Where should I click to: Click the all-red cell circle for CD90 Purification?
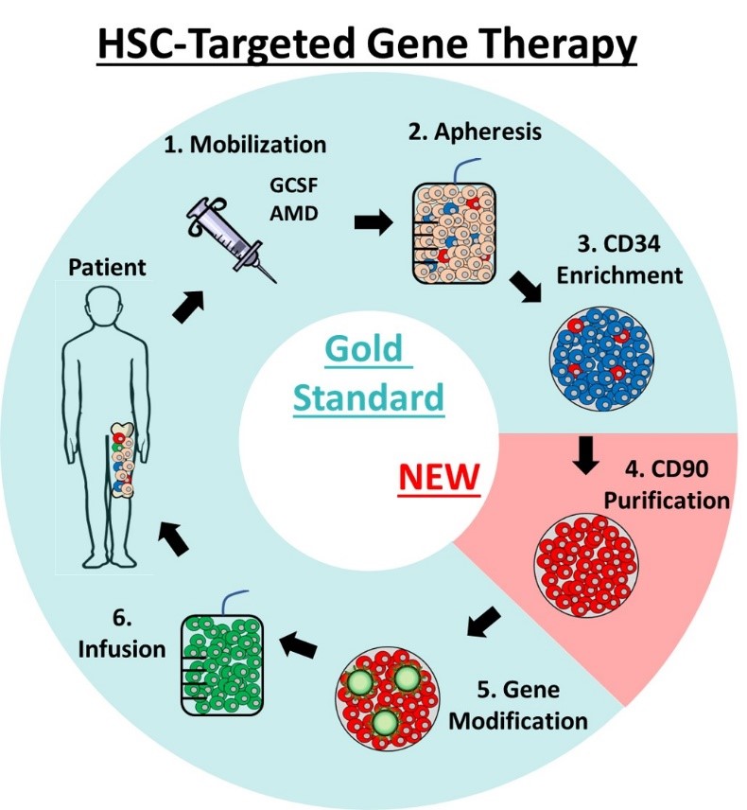(x=587, y=565)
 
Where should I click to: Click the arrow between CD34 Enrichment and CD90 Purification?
(x=587, y=457)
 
